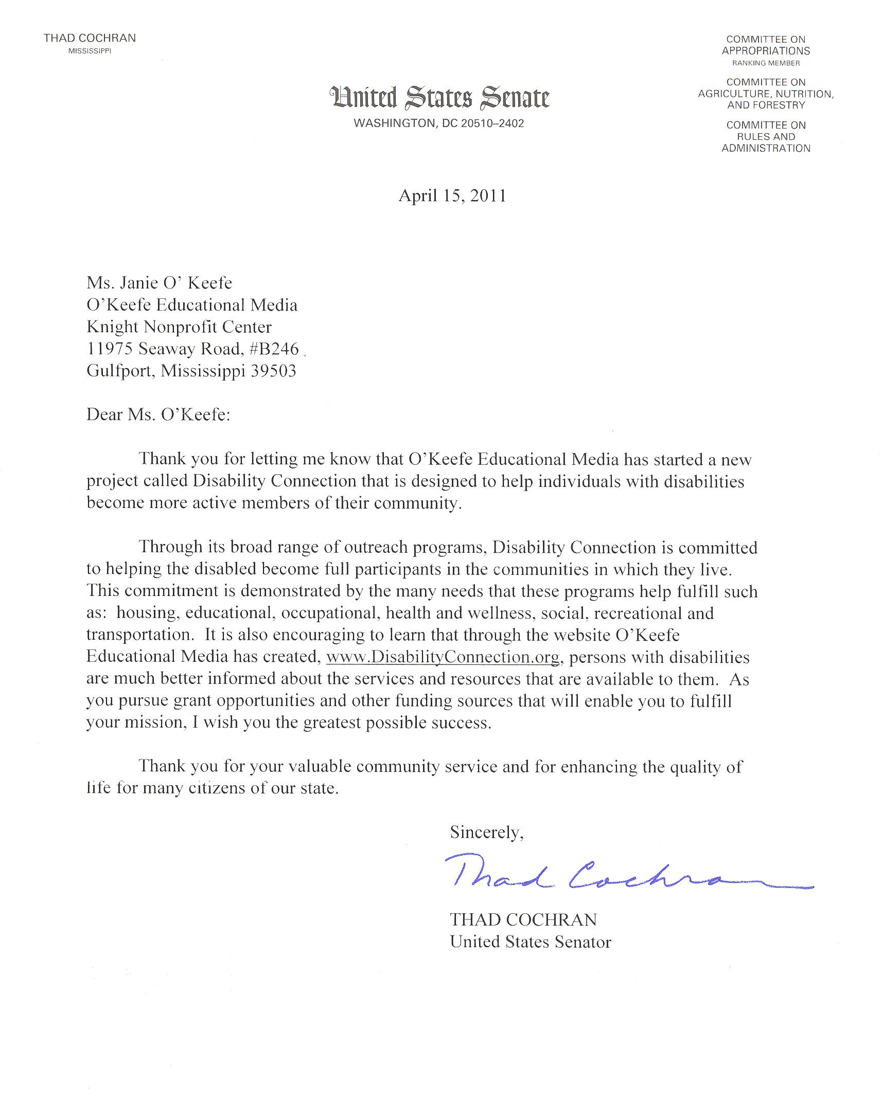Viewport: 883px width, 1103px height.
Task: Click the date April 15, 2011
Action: click(452, 196)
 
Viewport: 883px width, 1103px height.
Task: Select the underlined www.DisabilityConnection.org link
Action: click(443, 657)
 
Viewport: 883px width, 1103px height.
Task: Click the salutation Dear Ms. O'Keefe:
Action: click(158, 414)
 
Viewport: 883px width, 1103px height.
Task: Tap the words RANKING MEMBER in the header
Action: click(766, 63)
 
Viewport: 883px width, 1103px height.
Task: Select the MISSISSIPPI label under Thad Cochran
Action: click(90, 51)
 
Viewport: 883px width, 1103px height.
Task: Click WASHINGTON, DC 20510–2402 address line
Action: click(438, 123)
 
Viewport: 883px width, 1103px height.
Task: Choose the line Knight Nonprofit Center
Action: click(179, 327)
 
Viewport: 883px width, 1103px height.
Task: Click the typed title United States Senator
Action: click(530, 942)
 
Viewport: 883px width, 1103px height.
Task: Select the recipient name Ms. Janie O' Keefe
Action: click(159, 283)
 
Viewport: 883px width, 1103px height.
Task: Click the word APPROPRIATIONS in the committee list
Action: click(766, 51)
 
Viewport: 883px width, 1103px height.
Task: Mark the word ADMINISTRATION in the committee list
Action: click(766, 149)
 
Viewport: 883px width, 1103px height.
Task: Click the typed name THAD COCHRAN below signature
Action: click(523, 919)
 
